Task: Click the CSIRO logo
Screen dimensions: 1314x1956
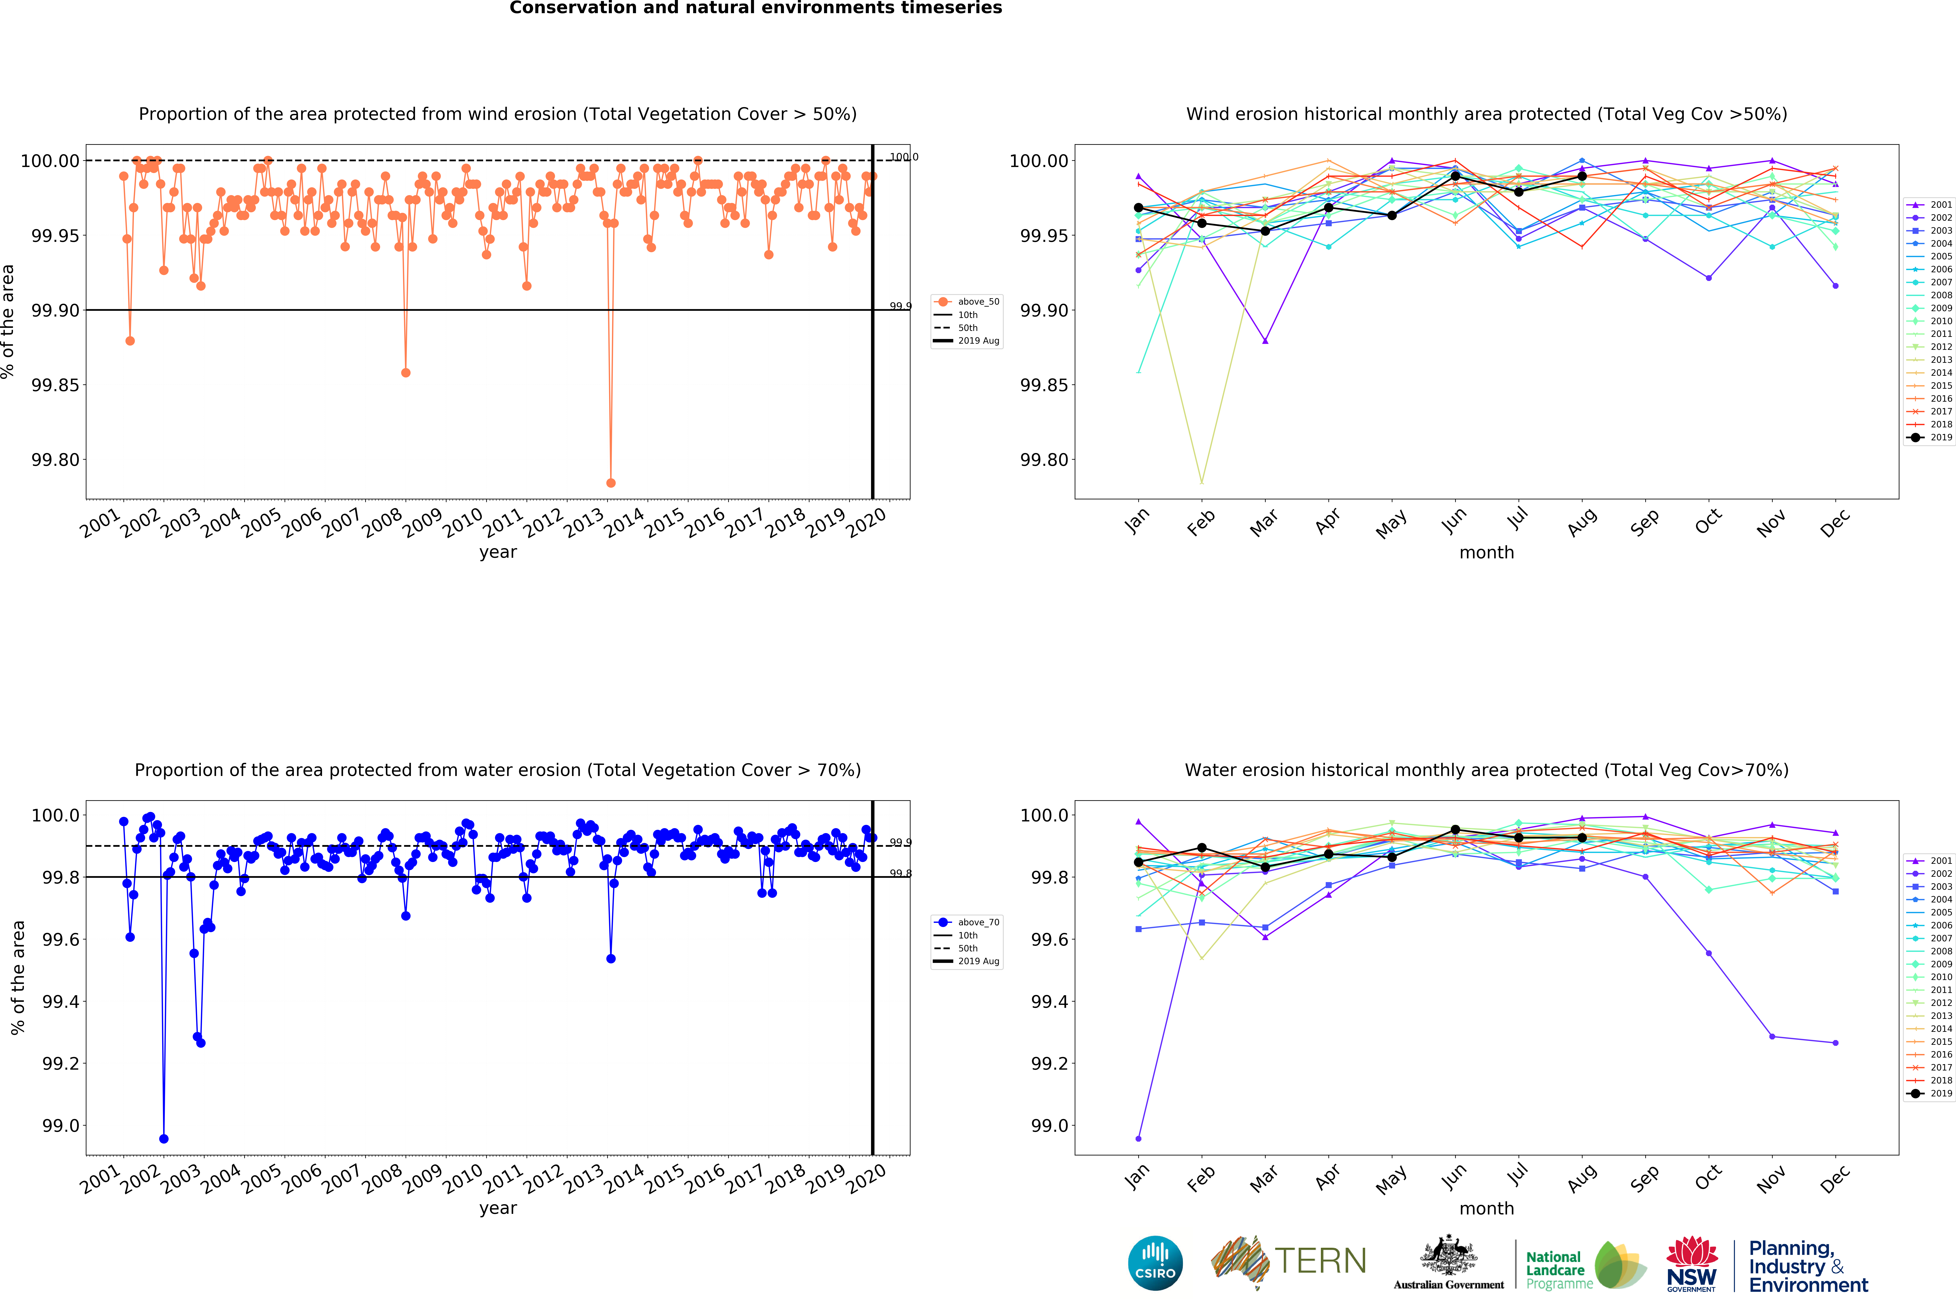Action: coord(1155,1263)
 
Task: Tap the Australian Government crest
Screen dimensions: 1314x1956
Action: coord(1449,1255)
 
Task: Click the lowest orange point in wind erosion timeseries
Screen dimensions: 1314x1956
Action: coord(610,483)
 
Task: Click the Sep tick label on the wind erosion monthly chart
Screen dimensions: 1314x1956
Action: coord(1644,522)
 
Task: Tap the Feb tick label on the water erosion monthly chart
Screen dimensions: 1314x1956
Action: coord(1201,1178)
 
